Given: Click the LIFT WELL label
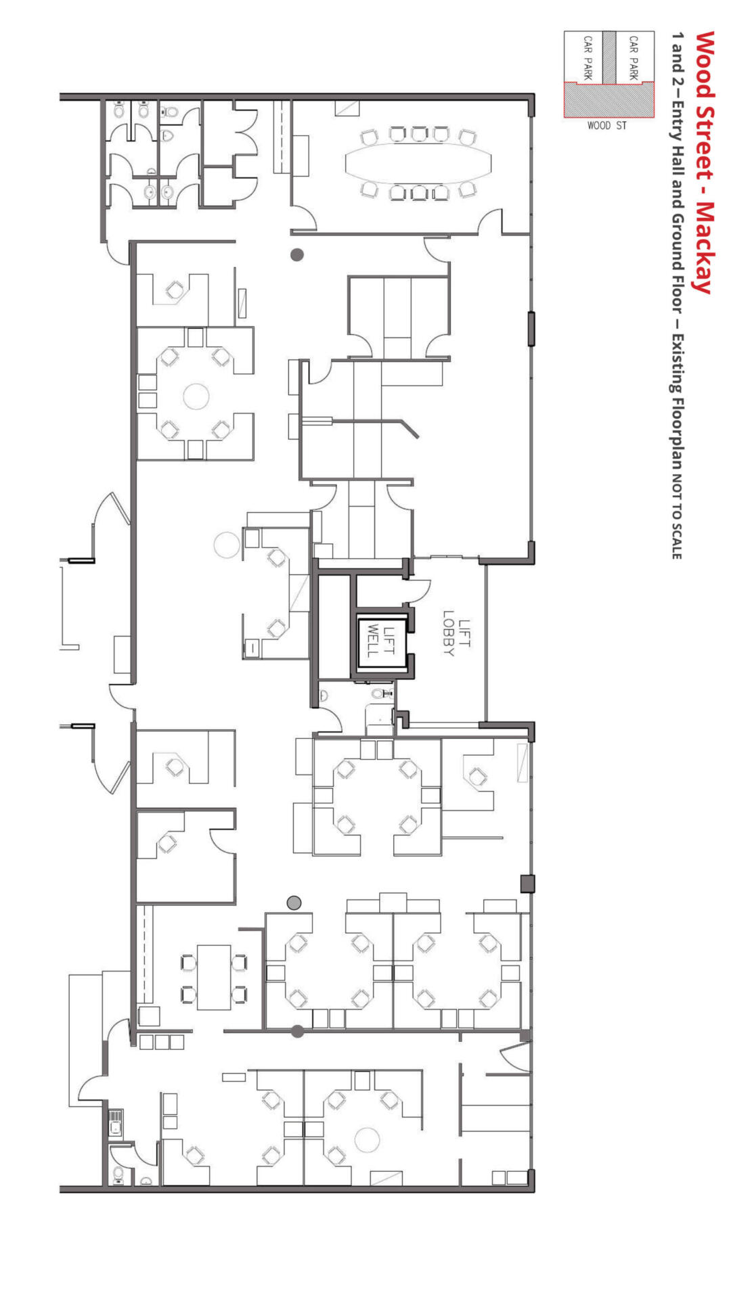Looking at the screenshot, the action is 380,641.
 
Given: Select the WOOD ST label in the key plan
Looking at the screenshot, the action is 607,125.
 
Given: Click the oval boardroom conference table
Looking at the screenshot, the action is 418,163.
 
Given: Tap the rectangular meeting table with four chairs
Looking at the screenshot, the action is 214,978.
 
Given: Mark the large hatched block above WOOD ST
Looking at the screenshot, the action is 609,100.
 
